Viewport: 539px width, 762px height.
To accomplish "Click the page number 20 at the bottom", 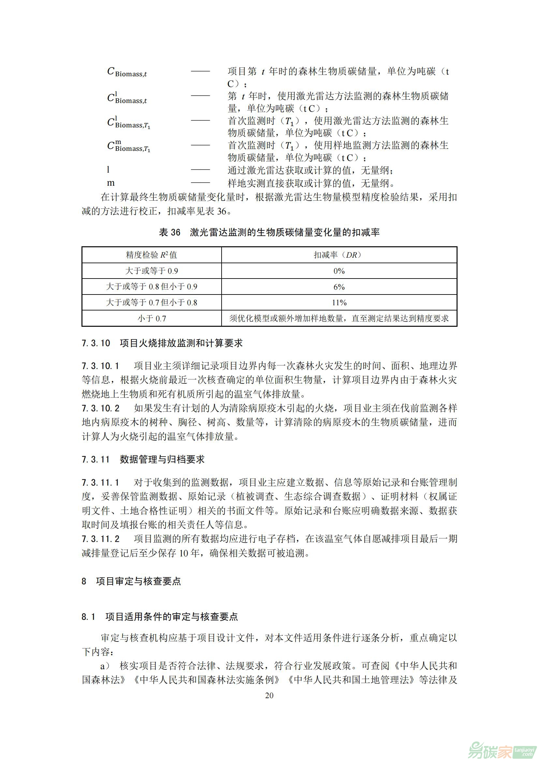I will click(x=269, y=695).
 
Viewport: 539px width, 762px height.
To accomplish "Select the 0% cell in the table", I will click(x=339, y=271).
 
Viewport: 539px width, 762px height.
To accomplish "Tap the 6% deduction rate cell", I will click(x=339, y=287).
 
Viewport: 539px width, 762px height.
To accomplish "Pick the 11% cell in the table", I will click(x=339, y=303).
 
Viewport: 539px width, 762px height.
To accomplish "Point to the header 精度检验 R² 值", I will click(x=151, y=255).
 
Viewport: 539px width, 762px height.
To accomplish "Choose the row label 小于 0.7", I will click(x=151, y=319).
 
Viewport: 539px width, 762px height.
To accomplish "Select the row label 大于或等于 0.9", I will click(x=151, y=271).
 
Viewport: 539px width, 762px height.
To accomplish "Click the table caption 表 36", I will click(x=169, y=232).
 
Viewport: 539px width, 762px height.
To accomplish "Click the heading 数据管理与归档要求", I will click(x=162, y=459).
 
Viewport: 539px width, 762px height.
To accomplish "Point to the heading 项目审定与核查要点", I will click(x=138, y=581).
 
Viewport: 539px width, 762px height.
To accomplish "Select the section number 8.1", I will click(x=88, y=617).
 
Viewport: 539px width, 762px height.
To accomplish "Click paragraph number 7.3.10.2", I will click(x=101, y=408).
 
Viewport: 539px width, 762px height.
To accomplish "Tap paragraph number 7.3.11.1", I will click(x=100, y=482).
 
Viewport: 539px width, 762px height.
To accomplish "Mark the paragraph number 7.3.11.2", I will click(x=101, y=539).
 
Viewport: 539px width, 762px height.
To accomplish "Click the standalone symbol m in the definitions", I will click(x=110, y=183).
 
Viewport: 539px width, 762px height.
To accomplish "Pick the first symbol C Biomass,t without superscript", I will click(x=127, y=72).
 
